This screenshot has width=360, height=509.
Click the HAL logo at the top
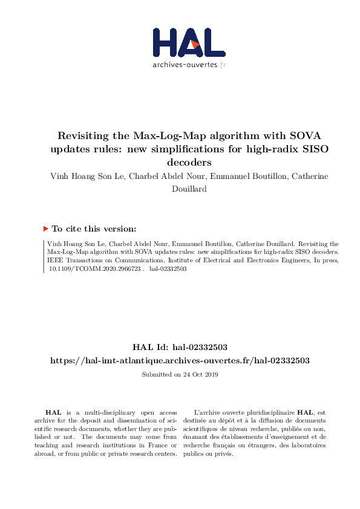pos(188,43)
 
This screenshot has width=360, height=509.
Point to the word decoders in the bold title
pos(180,162)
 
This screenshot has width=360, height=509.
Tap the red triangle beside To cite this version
pos(45,229)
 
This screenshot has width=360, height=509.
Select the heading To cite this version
pos(94,229)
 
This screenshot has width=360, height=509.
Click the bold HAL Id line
pos(180,347)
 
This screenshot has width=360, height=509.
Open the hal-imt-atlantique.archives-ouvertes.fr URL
pos(180,360)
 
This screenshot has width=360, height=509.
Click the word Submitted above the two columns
pos(155,375)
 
